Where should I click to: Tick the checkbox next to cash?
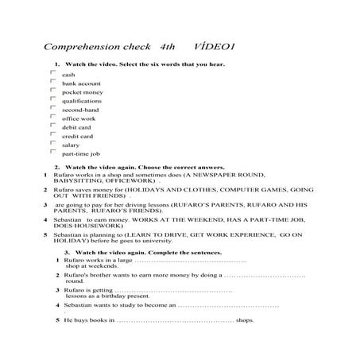53,73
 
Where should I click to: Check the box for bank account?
53,82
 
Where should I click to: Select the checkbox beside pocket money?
53,91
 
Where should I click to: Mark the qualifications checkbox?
53,100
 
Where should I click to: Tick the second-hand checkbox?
53,109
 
